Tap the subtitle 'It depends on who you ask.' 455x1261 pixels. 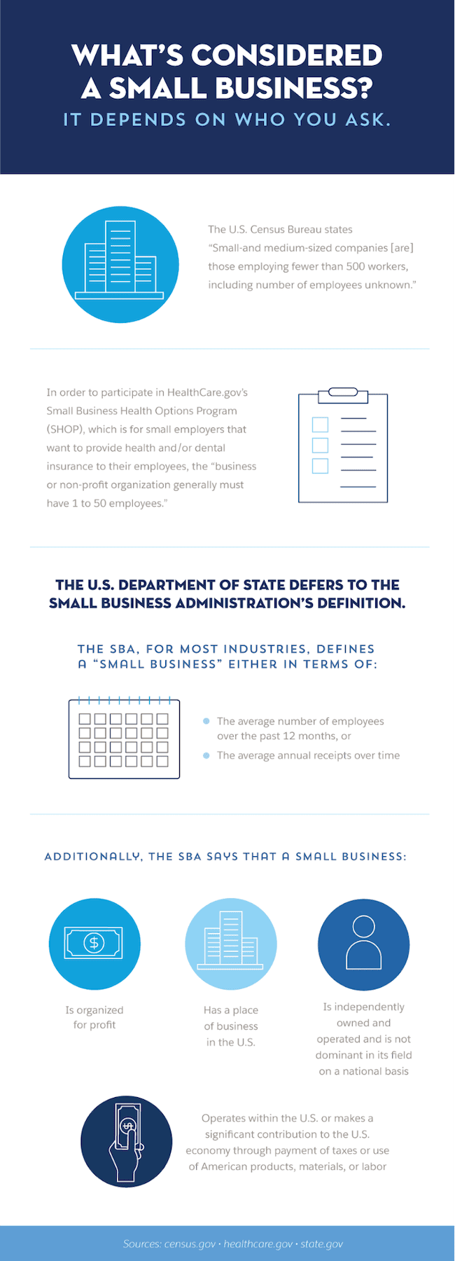click(227, 120)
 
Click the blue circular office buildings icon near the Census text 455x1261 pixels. click(120, 265)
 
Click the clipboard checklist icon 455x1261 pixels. click(343, 446)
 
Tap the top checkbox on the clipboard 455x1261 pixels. click(320, 425)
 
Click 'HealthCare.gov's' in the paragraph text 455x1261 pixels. click(207, 392)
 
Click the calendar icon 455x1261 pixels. click(124, 738)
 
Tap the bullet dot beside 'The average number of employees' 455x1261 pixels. click(206, 721)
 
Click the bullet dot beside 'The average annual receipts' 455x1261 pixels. click(206, 755)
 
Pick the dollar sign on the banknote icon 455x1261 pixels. click(94, 943)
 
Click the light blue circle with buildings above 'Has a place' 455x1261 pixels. click(231, 944)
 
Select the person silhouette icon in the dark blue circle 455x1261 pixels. click(364, 944)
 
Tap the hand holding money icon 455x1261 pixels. click(126, 1141)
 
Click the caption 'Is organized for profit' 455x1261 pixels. click(94, 1017)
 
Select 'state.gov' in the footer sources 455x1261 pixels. click(321, 1244)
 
